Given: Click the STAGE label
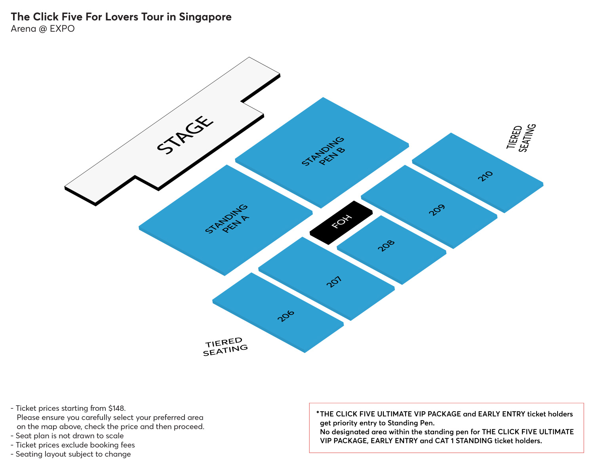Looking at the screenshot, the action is click(x=185, y=135).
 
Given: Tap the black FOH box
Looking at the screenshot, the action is click(x=341, y=223).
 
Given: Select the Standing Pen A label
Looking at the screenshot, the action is click(x=227, y=219).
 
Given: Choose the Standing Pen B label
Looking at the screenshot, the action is click(x=323, y=151).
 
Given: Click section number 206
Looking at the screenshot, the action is click(x=286, y=316).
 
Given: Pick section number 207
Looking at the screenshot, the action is click(x=334, y=282).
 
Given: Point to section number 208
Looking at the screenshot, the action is click(x=386, y=246).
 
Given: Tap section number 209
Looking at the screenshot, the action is click(x=437, y=210).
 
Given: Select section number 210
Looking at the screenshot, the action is click(x=485, y=176).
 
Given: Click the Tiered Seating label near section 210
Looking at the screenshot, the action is click(x=521, y=138).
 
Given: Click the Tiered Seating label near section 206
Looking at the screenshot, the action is click(x=225, y=347).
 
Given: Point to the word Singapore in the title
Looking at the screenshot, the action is click(x=205, y=17).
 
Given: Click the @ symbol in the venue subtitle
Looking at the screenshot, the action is click(x=43, y=29).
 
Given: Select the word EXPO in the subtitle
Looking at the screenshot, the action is click(x=62, y=29).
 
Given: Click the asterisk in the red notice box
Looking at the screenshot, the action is click(x=318, y=413).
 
